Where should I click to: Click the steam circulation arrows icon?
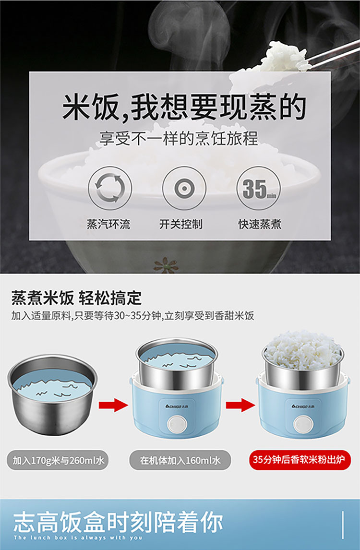(x=110, y=188)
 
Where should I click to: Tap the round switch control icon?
(x=184, y=188)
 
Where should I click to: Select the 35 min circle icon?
(x=259, y=188)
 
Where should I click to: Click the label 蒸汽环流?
(x=108, y=224)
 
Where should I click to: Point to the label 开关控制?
(x=181, y=224)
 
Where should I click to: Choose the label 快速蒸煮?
(x=260, y=224)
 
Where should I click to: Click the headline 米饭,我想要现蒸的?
(x=184, y=107)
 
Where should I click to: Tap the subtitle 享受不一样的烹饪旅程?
(x=179, y=138)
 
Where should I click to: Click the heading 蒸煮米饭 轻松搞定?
(x=76, y=298)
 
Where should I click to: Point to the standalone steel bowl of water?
(x=52, y=394)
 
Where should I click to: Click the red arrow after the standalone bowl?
(x=113, y=405)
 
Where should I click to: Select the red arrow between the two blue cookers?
(x=240, y=405)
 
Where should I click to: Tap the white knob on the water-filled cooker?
(x=177, y=424)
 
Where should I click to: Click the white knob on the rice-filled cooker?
(x=303, y=424)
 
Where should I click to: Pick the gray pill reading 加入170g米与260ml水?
(x=58, y=460)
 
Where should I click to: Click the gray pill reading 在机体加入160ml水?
(x=180, y=460)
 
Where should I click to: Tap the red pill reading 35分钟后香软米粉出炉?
(x=300, y=459)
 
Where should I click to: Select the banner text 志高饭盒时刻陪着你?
(x=118, y=522)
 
